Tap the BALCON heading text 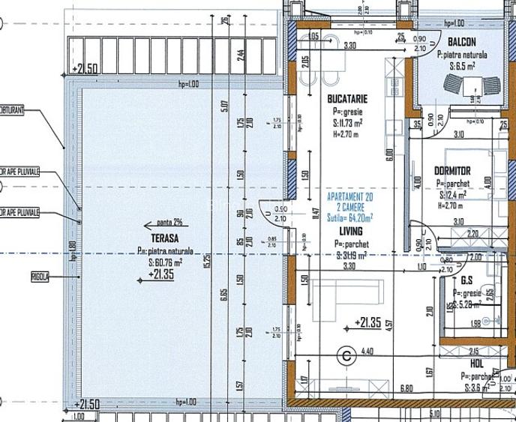pyautogui.click(x=465, y=43)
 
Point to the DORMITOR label pyautogui.click(x=452, y=171)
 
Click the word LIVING pyautogui.click(x=349, y=232)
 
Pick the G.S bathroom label pyautogui.click(x=472, y=280)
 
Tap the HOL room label pyautogui.click(x=476, y=362)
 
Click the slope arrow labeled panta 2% pyautogui.click(x=169, y=222)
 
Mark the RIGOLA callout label pyautogui.click(x=40, y=276)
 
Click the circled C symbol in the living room pyautogui.click(x=347, y=356)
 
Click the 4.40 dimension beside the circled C pyautogui.click(x=367, y=351)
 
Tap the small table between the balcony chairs pyautogui.click(x=473, y=88)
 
